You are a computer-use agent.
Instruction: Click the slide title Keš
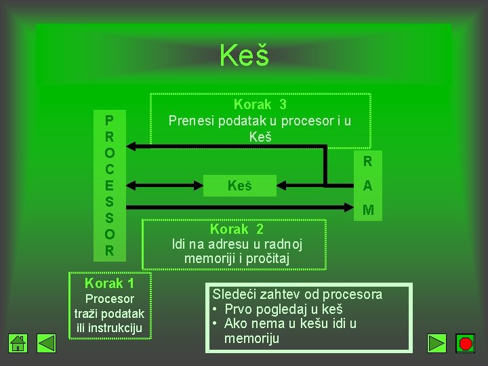pyautogui.click(x=244, y=56)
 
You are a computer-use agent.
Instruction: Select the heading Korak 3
pyautogui.click(x=260, y=104)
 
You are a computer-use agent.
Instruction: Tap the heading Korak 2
pyautogui.click(x=237, y=229)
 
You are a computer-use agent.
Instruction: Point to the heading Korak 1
pyautogui.click(x=109, y=283)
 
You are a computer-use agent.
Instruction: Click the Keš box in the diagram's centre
pyautogui.click(x=239, y=185)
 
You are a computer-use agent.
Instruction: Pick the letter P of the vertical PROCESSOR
pyautogui.click(x=109, y=120)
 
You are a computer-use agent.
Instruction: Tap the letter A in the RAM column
pyautogui.click(x=367, y=186)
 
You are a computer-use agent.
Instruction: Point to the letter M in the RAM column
pyautogui.click(x=367, y=210)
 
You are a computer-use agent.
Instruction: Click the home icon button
pyautogui.click(x=18, y=344)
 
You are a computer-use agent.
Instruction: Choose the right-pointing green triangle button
pyautogui.click(x=437, y=344)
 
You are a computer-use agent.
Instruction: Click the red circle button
pyautogui.click(x=465, y=344)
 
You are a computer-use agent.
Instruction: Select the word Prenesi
pyautogui.click(x=191, y=121)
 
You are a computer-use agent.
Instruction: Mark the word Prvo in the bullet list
pyautogui.click(x=237, y=309)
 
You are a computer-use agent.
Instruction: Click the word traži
pyautogui.click(x=88, y=314)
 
